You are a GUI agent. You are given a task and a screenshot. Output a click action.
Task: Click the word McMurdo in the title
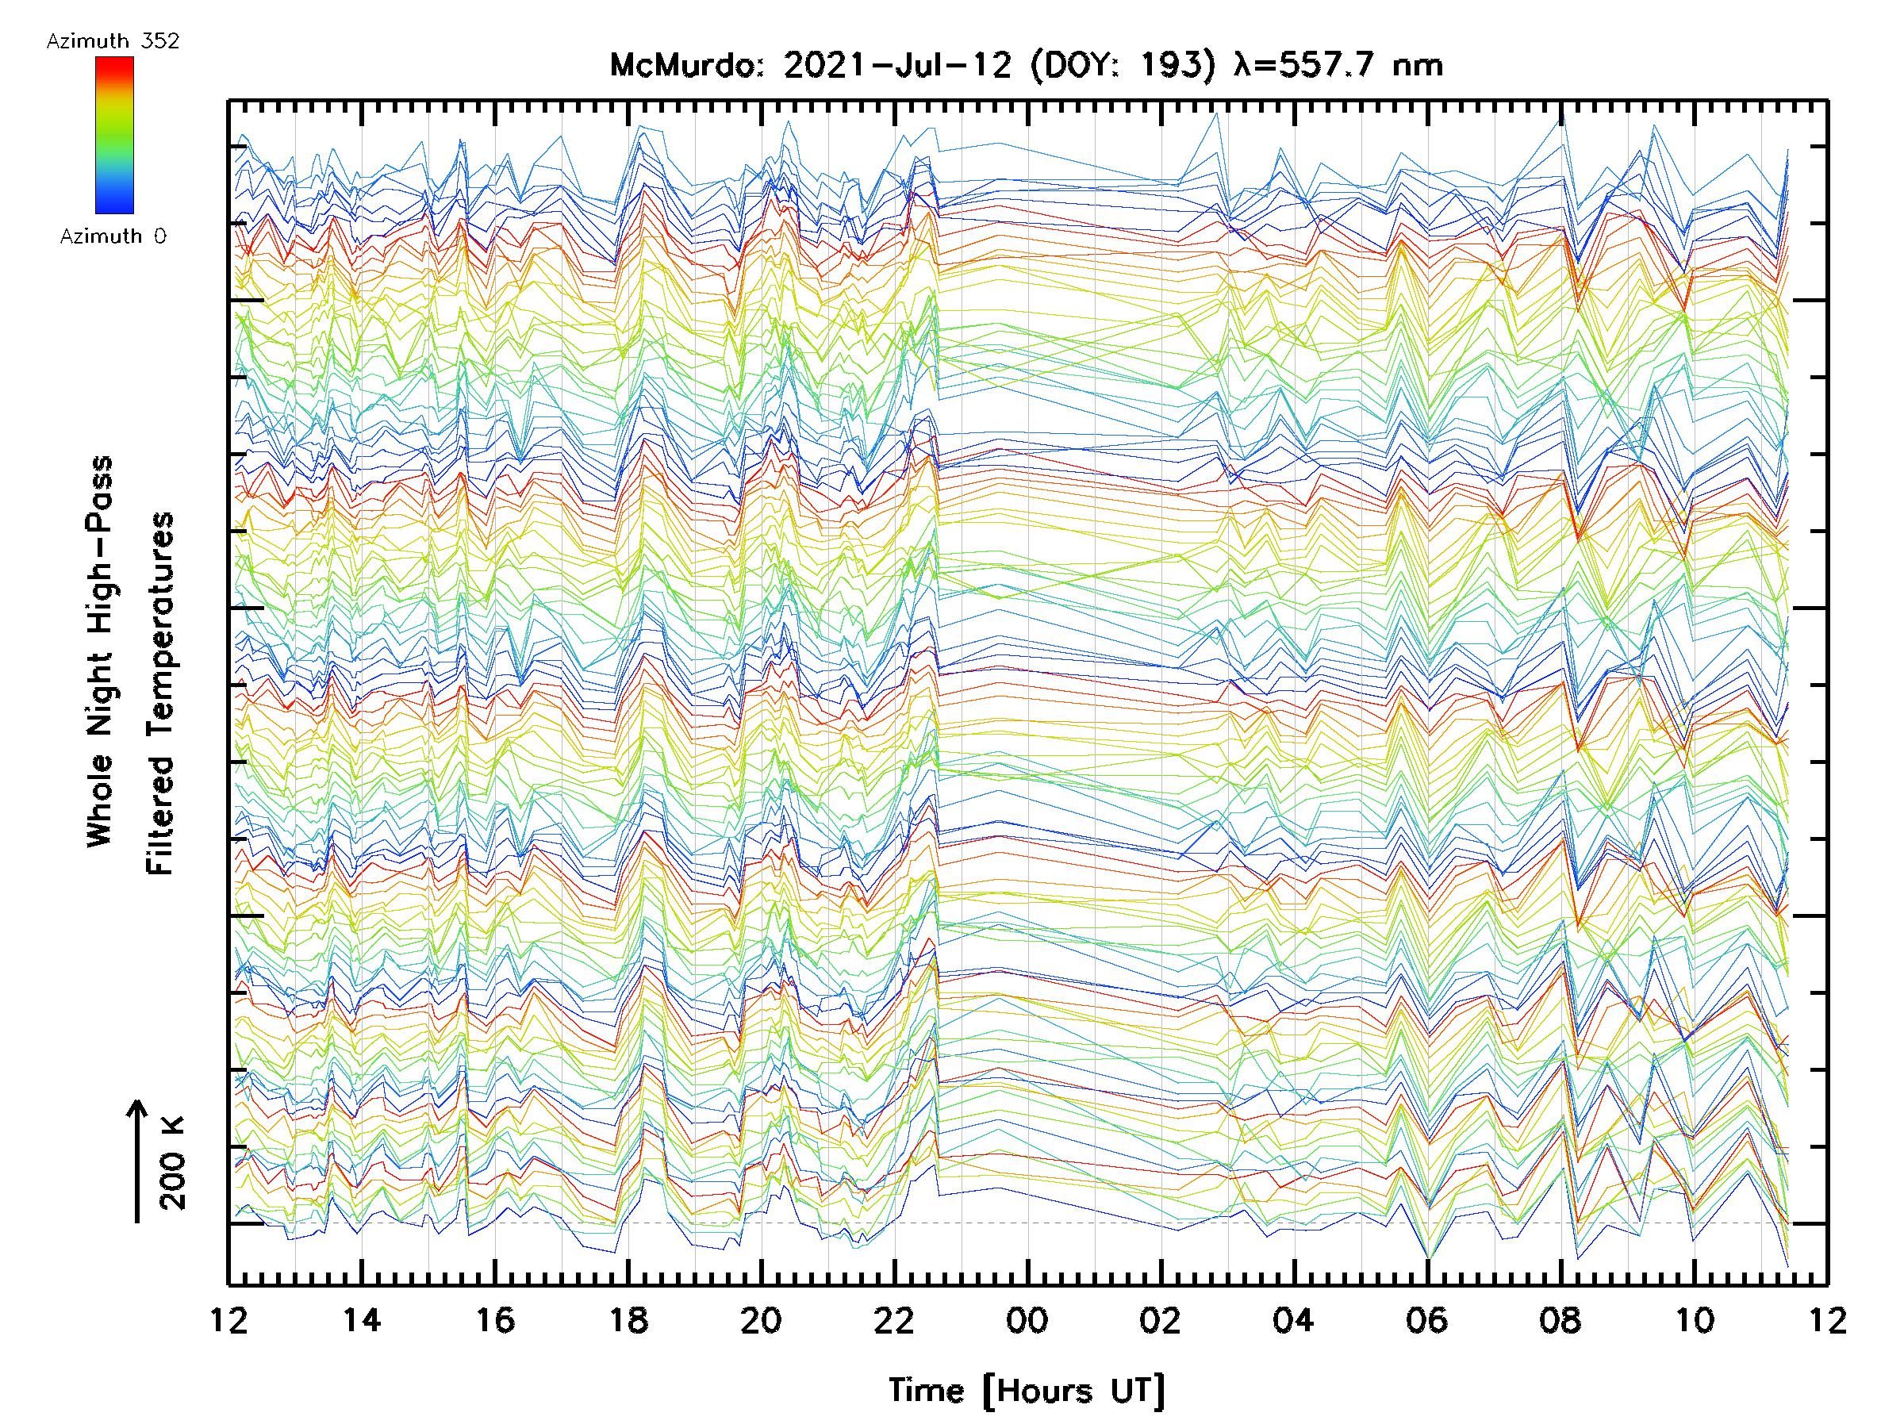(685, 65)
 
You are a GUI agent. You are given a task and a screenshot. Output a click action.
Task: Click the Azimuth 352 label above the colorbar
(113, 41)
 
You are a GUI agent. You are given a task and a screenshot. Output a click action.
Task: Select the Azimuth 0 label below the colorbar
(113, 236)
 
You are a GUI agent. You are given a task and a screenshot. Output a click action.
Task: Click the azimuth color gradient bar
(114, 135)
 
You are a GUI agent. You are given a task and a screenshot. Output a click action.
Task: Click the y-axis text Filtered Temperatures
(160, 693)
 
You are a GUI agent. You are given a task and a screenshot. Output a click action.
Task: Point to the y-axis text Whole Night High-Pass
(100, 651)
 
